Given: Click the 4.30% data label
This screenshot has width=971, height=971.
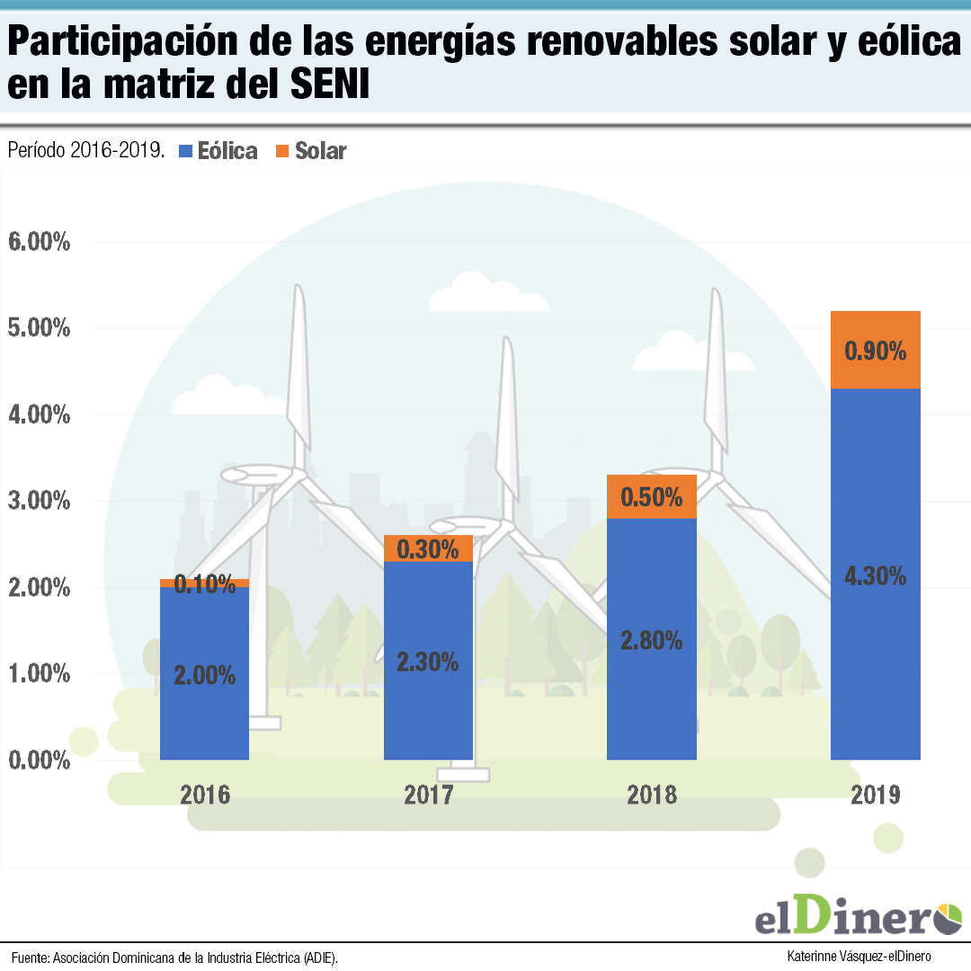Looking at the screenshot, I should coord(875,576).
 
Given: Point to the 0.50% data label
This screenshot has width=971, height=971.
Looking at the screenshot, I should coord(652,497).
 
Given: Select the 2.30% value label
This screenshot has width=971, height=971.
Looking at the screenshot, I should coord(428,663).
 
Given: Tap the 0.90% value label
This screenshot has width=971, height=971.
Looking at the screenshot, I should coord(875,351).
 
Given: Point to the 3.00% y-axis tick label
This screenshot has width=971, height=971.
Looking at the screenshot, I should coord(38,501).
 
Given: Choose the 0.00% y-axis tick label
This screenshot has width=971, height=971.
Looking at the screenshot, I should coord(38,761).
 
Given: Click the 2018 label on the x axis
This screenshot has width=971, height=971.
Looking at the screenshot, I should coord(652,795).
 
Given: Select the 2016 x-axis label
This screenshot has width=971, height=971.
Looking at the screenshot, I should coord(205,795).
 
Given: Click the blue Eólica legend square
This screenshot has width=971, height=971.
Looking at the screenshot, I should coord(187,151).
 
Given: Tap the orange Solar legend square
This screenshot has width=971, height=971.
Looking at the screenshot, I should coord(282,151).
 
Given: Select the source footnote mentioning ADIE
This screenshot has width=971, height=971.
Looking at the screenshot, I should coord(175,957).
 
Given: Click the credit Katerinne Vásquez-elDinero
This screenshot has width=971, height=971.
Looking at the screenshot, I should coord(858,956).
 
